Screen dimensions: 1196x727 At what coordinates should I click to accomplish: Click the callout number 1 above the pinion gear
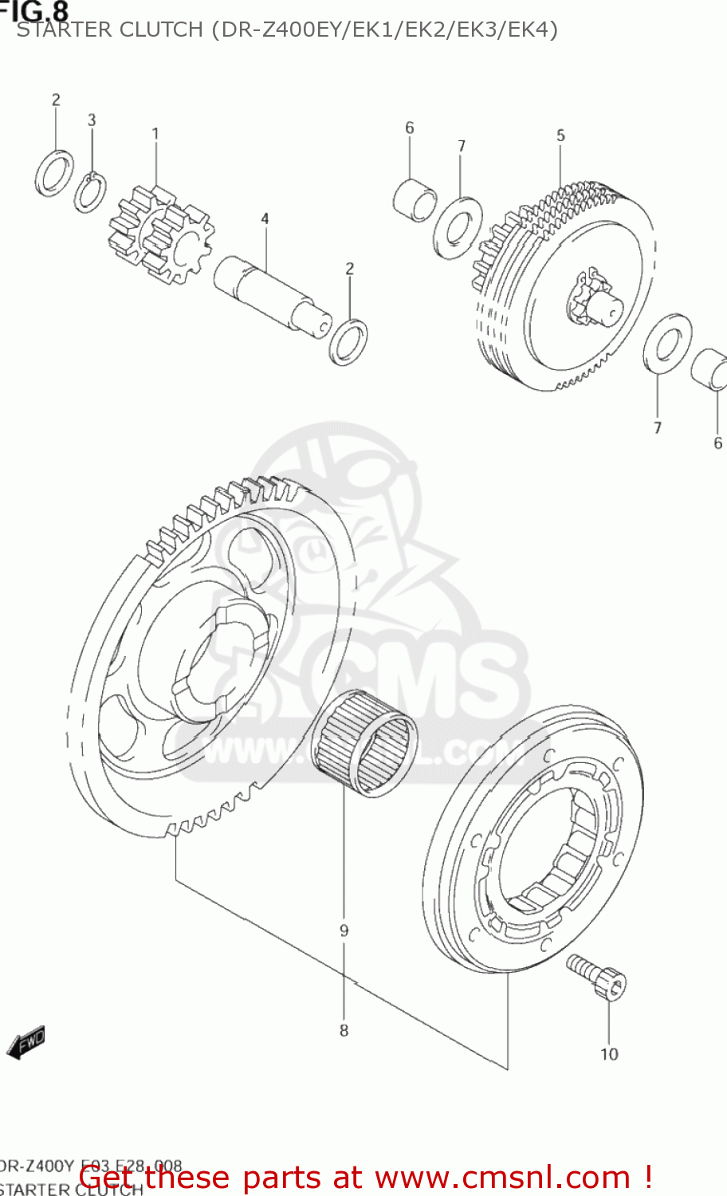pyautogui.click(x=155, y=134)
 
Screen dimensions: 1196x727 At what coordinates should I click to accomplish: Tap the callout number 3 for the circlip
pyautogui.click(x=92, y=120)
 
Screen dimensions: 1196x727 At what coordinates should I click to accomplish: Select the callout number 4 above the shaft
pyautogui.click(x=265, y=218)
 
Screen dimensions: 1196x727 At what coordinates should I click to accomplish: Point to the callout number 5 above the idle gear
pyautogui.click(x=560, y=136)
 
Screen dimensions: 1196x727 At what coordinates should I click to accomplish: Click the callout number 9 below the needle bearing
pyautogui.click(x=344, y=930)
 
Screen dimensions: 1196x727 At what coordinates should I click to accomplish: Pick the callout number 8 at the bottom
pyautogui.click(x=344, y=1030)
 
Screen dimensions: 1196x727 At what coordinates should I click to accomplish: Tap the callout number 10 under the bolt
pyautogui.click(x=609, y=1054)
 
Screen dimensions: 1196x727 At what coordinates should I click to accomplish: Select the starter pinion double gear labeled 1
pyautogui.click(x=162, y=235)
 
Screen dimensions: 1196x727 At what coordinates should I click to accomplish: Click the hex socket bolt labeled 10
pyautogui.click(x=598, y=976)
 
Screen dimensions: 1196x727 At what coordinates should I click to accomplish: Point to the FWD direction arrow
pyautogui.click(x=26, y=1042)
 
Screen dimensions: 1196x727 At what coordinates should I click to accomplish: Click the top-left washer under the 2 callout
pyautogui.click(x=55, y=172)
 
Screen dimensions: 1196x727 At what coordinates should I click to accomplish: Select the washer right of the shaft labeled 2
pyautogui.click(x=348, y=340)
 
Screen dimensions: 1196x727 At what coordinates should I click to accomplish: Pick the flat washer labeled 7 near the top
pyautogui.click(x=458, y=228)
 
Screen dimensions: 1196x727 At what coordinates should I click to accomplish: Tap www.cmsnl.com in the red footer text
pyautogui.click(x=502, y=1177)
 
